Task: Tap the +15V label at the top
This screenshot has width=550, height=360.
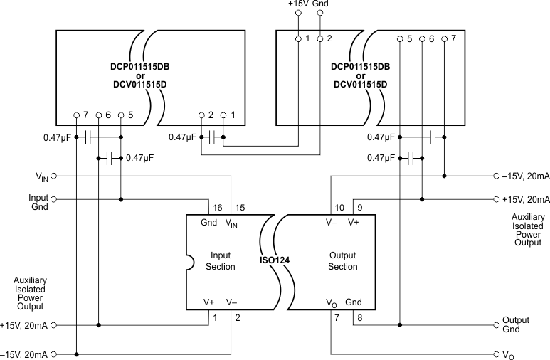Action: [x=297, y=5]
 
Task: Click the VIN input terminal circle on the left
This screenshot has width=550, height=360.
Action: [x=53, y=176]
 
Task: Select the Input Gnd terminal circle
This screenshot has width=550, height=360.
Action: [x=53, y=199]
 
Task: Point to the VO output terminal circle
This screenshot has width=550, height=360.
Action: [x=496, y=354]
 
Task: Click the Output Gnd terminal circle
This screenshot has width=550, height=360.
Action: [x=496, y=326]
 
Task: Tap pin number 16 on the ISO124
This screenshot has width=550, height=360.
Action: [x=217, y=207]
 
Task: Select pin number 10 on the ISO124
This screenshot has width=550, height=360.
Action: [x=340, y=207]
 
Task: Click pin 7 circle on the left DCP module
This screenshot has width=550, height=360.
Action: [x=75, y=115]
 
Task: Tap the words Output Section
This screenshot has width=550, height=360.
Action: [x=342, y=260]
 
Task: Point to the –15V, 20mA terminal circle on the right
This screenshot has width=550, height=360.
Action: [x=496, y=176]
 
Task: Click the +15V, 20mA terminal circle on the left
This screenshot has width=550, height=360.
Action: [x=53, y=326]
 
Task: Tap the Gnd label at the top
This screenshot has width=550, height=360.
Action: [x=321, y=5]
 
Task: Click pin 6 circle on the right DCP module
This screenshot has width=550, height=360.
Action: [x=423, y=38]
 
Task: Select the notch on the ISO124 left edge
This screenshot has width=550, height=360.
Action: [x=189, y=261]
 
